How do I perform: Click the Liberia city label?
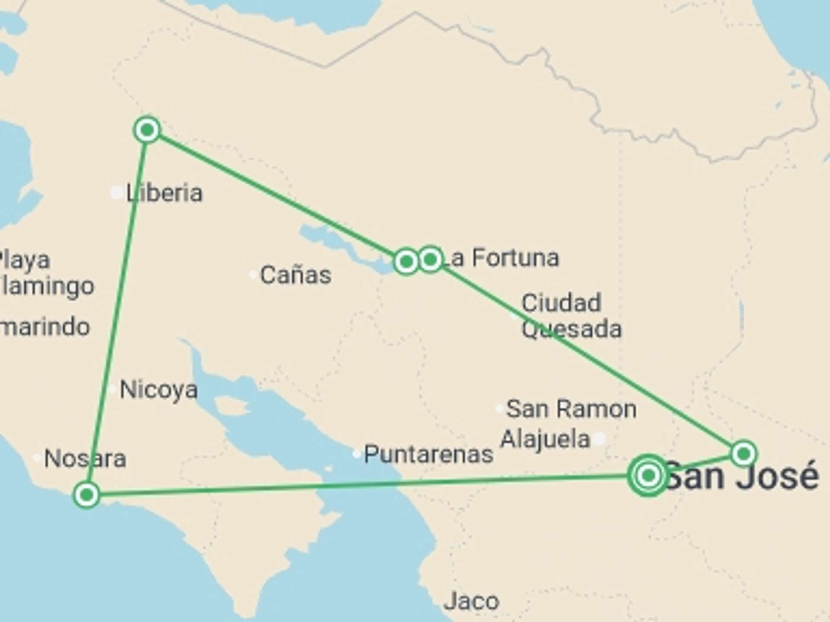[x=164, y=193]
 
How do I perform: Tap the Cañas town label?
[x=296, y=275]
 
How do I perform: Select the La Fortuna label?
[x=501, y=258]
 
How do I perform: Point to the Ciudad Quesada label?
[x=571, y=316]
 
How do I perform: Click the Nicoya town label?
[x=159, y=390]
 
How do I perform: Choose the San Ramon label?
[x=571, y=409]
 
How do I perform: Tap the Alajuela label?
[x=545, y=439]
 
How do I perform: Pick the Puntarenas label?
[x=428, y=454]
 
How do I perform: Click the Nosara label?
[x=85, y=458]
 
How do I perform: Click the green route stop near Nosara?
[x=87, y=495]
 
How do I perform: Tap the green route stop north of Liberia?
[x=147, y=129]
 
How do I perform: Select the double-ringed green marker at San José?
[x=648, y=476]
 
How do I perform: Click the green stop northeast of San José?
[x=744, y=454]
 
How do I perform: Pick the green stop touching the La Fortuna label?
[x=430, y=259]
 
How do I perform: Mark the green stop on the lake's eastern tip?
[x=406, y=261]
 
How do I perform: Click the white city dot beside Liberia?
[x=117, y=193]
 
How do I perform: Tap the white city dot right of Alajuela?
[x=599, y=439]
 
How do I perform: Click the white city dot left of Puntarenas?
[x=356, y=454]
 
